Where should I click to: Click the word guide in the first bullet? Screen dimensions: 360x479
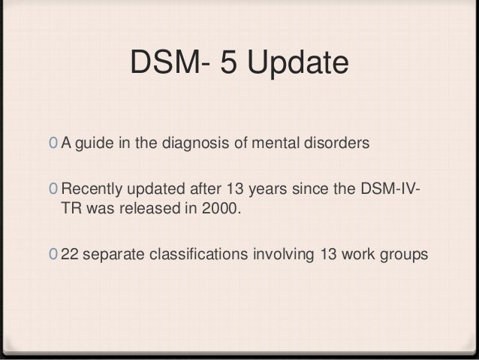point(94,143)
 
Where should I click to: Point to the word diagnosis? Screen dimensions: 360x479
point(195,144)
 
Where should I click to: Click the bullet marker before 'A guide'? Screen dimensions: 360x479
point(50,144)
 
